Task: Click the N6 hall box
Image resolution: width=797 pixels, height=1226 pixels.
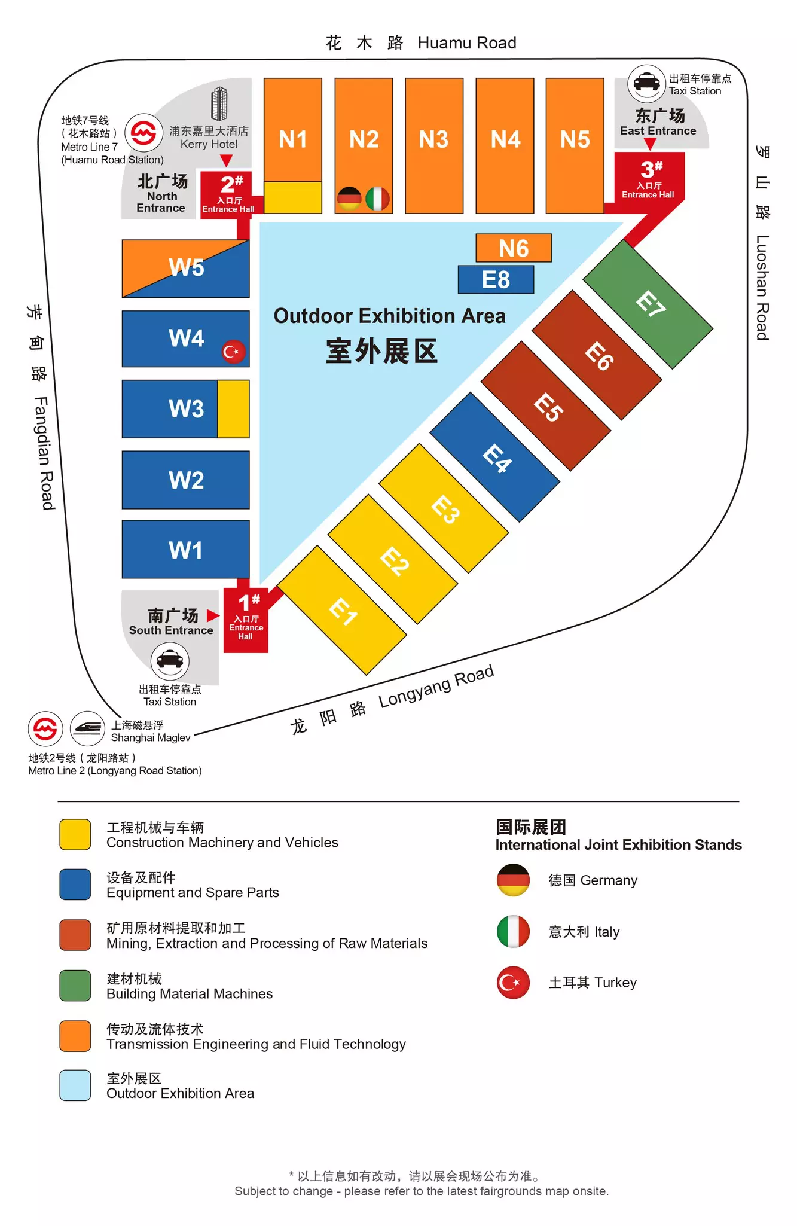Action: point(513,248)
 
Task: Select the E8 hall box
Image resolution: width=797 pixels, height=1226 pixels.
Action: point(496,279)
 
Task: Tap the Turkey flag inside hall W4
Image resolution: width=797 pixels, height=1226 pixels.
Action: point(233,352)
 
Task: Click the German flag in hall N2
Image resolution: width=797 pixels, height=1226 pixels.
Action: point(349,199)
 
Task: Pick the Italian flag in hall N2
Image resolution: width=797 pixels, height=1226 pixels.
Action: point(377,199)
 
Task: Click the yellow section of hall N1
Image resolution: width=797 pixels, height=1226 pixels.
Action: point(293,197)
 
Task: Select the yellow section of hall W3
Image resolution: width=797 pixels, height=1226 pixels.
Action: point(233,409)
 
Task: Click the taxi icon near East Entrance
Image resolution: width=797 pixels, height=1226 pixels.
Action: point(646,83)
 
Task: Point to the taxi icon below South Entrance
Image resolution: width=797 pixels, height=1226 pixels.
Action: point(170,660)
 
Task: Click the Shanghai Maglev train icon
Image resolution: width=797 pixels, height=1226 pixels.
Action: point(88,728)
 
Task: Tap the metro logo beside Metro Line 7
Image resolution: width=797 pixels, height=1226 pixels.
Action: point(143,133)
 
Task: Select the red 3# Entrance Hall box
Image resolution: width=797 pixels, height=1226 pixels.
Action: point(649,178)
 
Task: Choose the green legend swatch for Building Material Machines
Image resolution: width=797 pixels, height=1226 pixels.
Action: point(75,986)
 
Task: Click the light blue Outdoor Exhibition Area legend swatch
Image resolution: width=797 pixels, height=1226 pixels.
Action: point(75,1085)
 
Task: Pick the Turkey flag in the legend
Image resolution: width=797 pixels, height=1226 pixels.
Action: point(513,983)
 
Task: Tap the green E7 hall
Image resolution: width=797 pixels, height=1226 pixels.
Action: point(648,304)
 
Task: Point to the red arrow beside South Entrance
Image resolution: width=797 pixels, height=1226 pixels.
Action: point(212,615)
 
